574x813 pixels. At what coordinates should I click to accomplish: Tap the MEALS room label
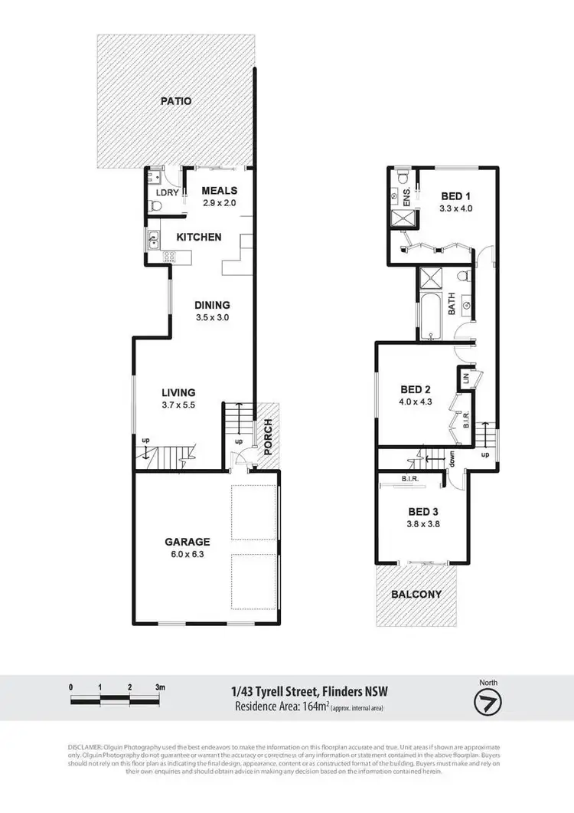point(220,191)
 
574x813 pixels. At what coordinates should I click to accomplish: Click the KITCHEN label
point(199,237)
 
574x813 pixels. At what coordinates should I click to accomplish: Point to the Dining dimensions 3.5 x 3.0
point(213,317)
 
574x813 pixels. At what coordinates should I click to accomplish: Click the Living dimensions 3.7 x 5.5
point(178,405)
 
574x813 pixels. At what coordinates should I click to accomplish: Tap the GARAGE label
point(188,541)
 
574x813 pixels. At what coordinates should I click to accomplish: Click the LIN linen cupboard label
point(465,378)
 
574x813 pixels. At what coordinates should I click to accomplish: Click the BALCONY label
point(416,594)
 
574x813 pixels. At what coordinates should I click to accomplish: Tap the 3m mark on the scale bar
point(160,688)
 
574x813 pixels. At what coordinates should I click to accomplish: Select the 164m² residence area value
point(311,706)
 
